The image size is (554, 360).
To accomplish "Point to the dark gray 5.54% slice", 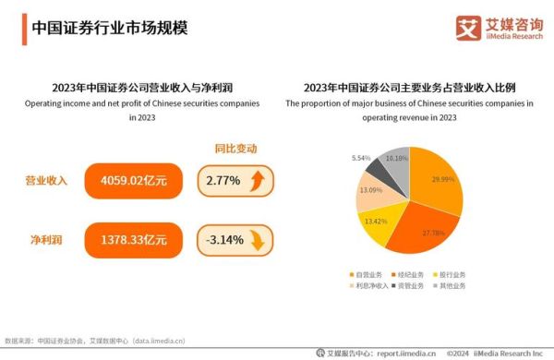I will (379, 167).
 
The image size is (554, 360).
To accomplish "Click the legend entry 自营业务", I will (365, 274).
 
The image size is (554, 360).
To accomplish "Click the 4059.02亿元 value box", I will (133, 180).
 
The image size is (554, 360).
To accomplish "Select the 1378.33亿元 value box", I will (133, 240).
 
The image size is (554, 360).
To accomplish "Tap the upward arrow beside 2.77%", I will (261, 181).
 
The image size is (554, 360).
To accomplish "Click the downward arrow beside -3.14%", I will (261, 240).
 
